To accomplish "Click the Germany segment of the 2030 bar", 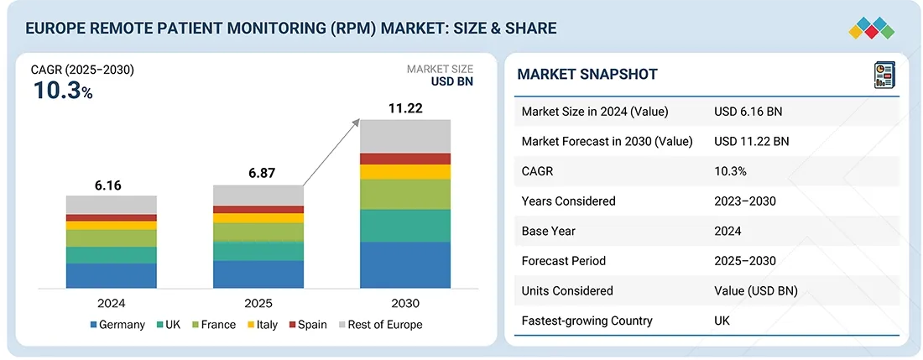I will (404, 265).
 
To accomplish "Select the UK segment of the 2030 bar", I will (404, 226).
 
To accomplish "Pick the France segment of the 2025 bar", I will (258, 232).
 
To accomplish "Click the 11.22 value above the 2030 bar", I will (404, 107).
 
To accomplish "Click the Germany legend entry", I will (117, 325).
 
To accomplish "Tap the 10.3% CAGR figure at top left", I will (63, 91).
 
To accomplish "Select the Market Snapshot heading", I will (587, 75).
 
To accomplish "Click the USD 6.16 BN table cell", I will (748, 112).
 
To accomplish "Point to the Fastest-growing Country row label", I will (587, 321).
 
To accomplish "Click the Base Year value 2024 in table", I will (727, 231).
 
